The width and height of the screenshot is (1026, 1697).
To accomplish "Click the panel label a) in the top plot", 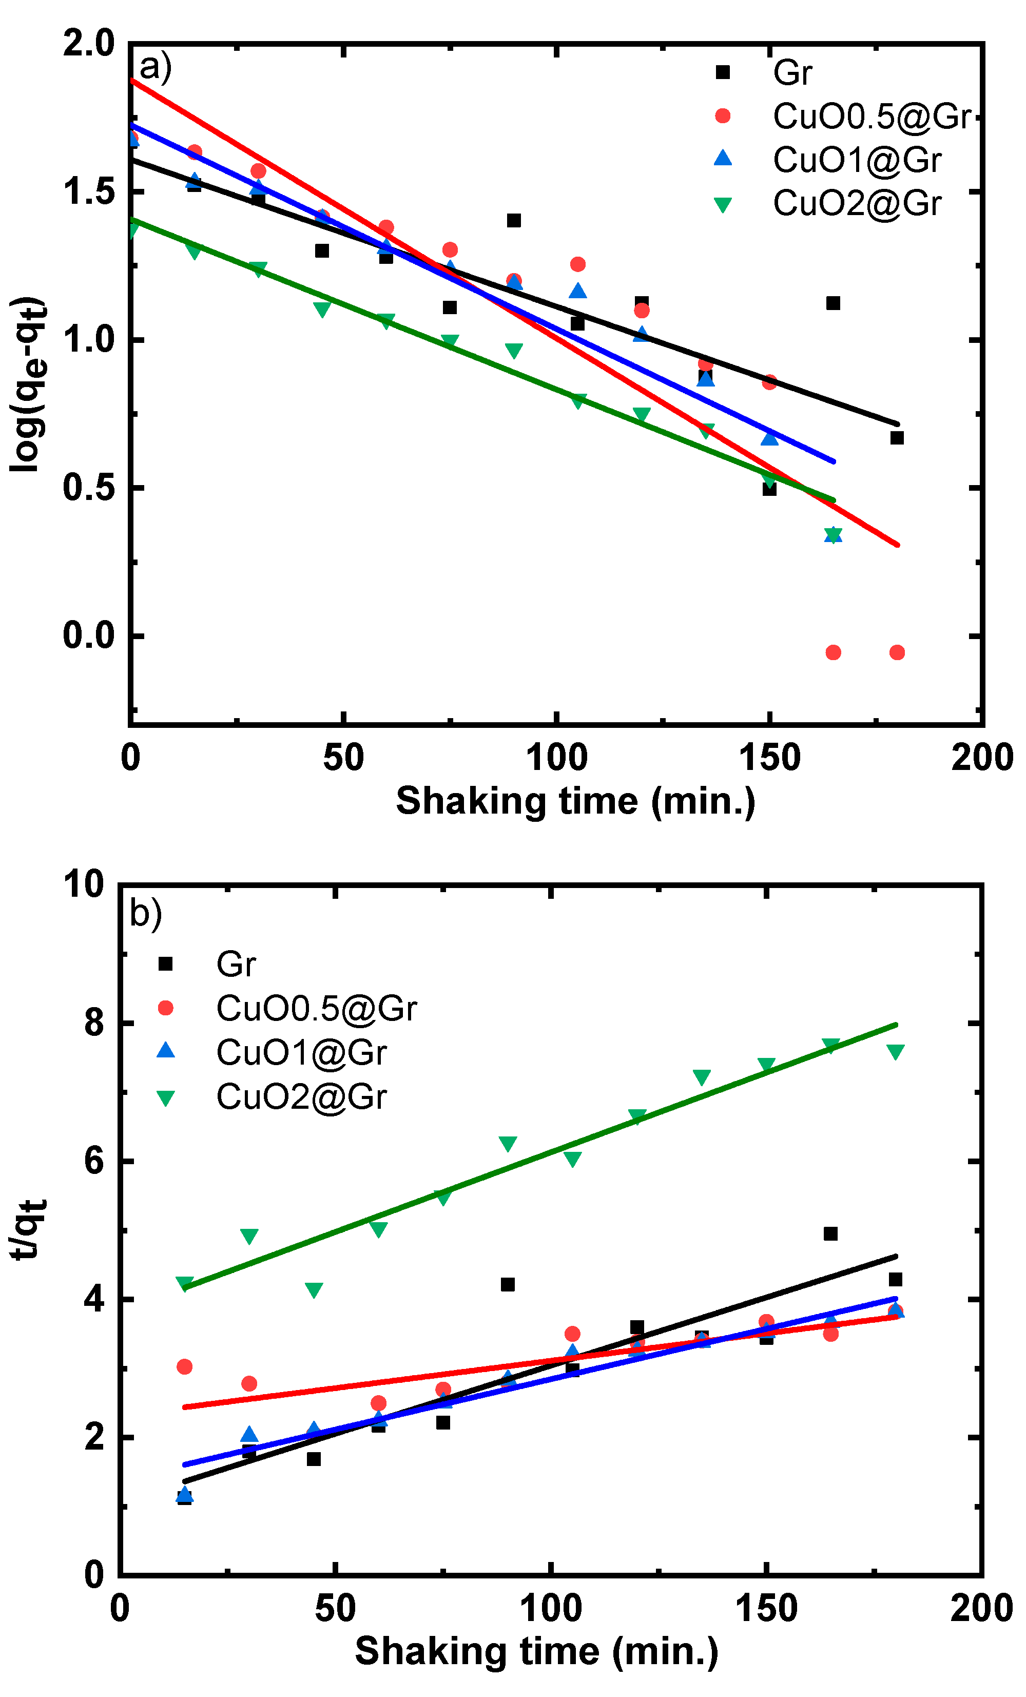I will [x=155, y=67].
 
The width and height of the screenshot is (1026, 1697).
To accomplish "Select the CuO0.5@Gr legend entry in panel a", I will [x=870, y=117].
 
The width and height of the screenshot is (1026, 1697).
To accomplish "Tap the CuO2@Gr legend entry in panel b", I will [x=301, y=1096].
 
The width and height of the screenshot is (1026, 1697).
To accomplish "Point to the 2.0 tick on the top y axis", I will [x=89, y=44].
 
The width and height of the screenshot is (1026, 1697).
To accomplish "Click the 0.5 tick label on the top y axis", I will [x=89, y=488].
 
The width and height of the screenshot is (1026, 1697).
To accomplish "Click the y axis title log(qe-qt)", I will [x=29, y=384].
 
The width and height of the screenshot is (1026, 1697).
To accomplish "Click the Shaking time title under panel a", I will [x=576, y=801].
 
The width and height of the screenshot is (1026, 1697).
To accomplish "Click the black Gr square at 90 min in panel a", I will [x=514, y=220].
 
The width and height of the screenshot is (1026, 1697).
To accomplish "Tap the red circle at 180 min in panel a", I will [x=897, y=652].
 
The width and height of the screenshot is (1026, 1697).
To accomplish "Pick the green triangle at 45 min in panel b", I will [x=313, y=1290].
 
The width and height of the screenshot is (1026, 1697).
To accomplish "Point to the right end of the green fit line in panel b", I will [x=895, y=1024].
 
